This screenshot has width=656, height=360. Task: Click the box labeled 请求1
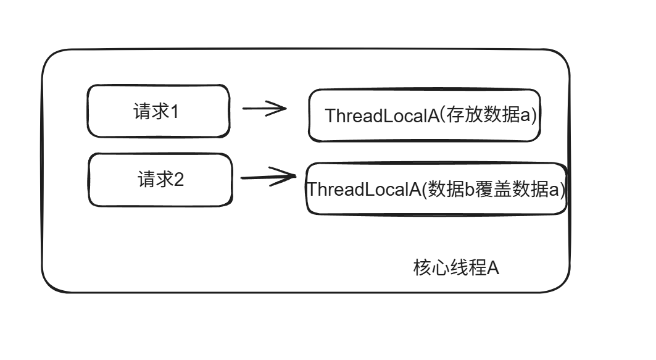click(x=158, y=111)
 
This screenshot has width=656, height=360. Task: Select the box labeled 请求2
click(x=160, y=180)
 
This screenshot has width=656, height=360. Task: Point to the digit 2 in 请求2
click(x=178, y=180)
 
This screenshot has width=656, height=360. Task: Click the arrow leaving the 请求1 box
click(x=264, y=109)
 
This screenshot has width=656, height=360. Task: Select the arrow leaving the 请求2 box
click(x=267, y=177)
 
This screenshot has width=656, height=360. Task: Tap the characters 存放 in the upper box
click(x=469, y=115)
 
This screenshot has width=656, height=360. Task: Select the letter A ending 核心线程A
click(x=492, y=269)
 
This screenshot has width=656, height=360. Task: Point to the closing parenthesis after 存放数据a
click(x=535, y=116)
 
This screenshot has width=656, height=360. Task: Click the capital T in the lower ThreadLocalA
click(x=312, y=189)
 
